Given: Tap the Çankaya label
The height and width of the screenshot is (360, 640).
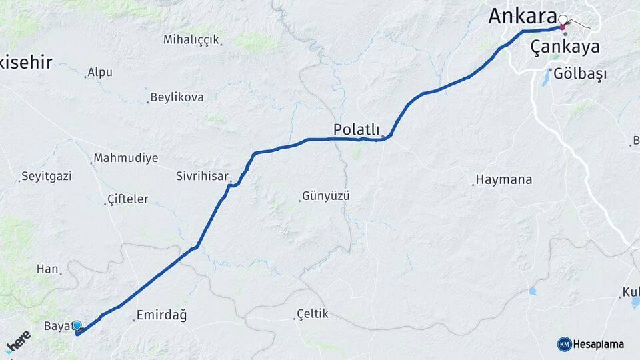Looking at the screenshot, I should click(x=565, y=47).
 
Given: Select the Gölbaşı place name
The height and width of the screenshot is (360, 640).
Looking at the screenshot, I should click(x=580, y=74).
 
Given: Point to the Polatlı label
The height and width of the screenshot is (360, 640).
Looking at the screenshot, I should click(x=356, y=129).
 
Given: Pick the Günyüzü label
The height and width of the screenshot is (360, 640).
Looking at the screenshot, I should click(x=326, y=197).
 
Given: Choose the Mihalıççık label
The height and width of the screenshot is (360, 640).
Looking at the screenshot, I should click(x=191, y=40).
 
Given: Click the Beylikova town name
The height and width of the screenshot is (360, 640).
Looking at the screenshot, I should click(x=177, y=97).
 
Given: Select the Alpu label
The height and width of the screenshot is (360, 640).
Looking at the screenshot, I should click(x=100, y=72).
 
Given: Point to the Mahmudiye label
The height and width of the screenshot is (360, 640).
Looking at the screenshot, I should click(x=126, y=159).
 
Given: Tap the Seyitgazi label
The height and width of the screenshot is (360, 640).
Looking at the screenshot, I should click(x=46, y=177).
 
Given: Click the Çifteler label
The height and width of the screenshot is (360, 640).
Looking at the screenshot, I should click(x=128, y=199).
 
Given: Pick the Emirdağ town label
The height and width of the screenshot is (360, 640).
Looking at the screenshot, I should click(x=161, y=315).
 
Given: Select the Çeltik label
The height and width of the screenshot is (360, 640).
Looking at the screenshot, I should click(x=313, y=314).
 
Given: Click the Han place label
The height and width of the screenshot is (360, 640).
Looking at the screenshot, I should click(x=47, y=269).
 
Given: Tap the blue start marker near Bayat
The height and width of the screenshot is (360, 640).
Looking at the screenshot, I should click(x=77, y=325).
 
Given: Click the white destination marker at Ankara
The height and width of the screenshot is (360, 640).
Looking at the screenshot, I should click(x=563, y=20).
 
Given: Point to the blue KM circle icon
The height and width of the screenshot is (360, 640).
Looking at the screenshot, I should click(x=564, y=344).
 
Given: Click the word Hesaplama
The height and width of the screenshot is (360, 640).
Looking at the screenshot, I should click(x=598, y=344).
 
